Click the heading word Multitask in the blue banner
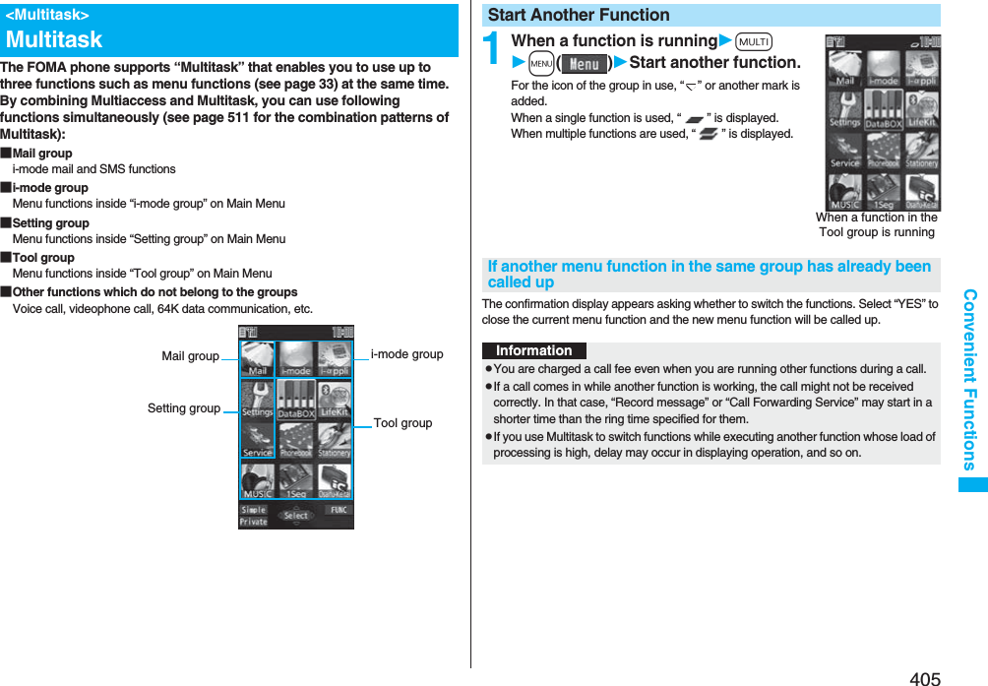54,39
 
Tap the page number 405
925,678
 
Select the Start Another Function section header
579,15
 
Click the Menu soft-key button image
585,64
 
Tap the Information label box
533,350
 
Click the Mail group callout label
190,356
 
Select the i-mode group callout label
406,354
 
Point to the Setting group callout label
183,408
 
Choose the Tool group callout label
402,423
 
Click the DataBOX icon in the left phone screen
295,400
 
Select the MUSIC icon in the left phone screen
257,480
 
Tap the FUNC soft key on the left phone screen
337,511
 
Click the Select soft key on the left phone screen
295,515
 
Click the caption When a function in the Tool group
876,225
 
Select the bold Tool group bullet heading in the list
43,258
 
